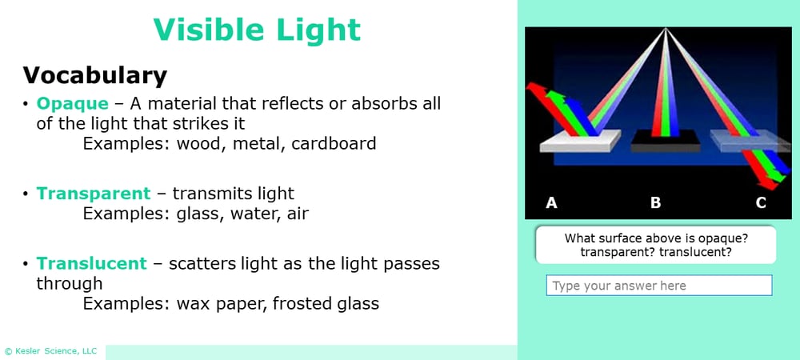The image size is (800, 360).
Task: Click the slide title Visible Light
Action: tap(257, 30)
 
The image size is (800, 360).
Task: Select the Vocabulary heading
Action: tap(94, 75)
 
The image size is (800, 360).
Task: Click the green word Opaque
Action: tap(72, 104)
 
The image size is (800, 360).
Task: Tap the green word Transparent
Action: tap(93, 194)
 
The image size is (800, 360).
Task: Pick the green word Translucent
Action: tap(91, 263)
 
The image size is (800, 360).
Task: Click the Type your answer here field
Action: tap(658, 286)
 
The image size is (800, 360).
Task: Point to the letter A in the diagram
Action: tap(551, 203)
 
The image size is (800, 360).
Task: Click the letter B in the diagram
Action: tap(656, 203)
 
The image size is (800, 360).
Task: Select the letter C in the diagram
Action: tap(761, 203)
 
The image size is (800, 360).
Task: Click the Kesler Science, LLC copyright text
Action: tap(50, 351)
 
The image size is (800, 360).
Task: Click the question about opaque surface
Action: tap(655, 245)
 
